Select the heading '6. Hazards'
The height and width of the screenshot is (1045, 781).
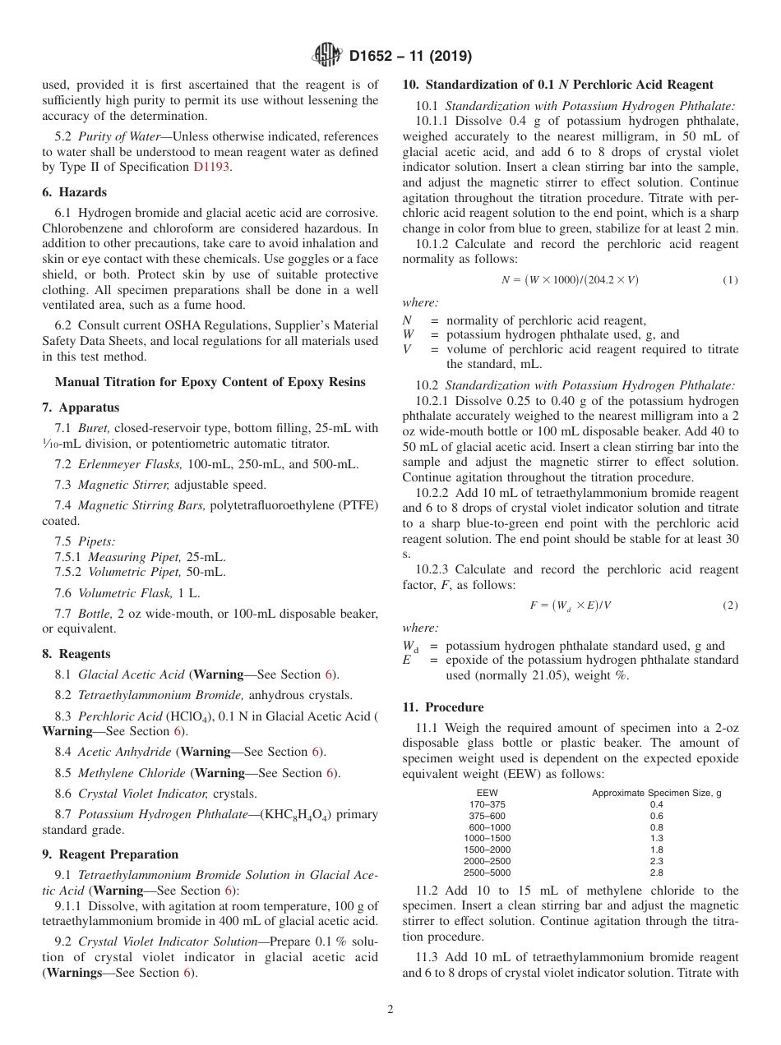tap(74, 192)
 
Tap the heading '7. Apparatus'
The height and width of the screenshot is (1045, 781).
tap(81, 407)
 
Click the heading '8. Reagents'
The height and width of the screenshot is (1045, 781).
tap(76, 654)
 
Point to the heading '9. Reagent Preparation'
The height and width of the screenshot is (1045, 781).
tap(110, 854)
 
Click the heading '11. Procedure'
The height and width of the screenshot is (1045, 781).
tap(443, 707)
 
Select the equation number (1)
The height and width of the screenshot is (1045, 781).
tap(730, 280)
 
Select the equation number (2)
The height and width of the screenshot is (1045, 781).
tap(730, 605)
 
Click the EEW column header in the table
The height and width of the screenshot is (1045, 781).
tap(488, 793)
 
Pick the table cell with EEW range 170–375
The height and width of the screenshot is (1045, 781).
tap(488, 804)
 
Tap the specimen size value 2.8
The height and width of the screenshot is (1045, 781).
tap(656, 872)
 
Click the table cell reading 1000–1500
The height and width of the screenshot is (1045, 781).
tap(488, 838)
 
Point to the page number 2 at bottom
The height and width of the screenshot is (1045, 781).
tap(390, 1010)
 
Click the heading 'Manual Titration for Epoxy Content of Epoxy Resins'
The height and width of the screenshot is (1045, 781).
tap(210, 382)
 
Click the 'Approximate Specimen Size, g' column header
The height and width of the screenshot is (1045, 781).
tap(656, 793)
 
